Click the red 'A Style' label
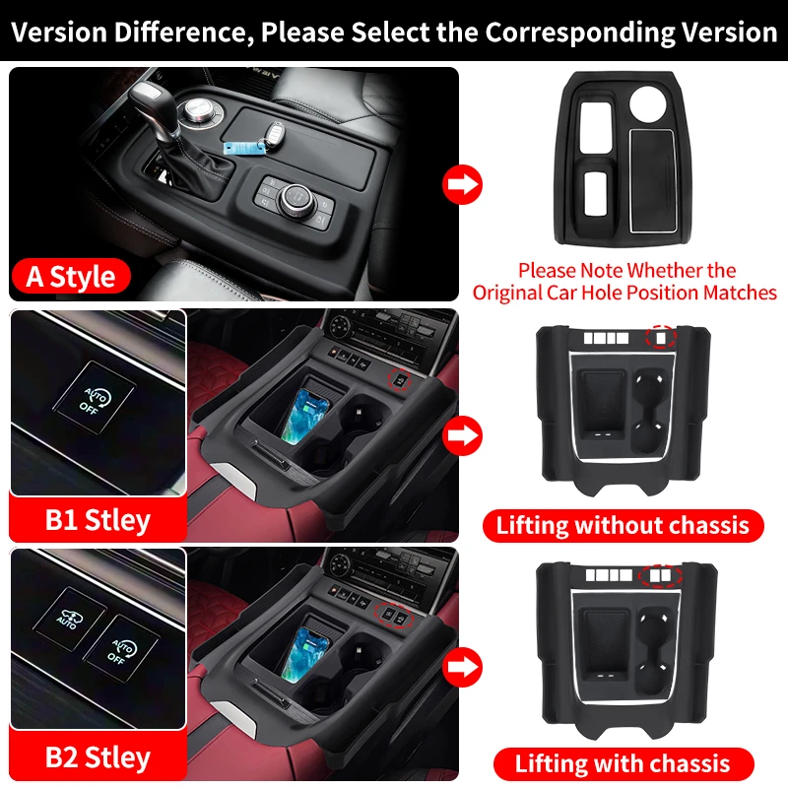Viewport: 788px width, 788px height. click(71, 275)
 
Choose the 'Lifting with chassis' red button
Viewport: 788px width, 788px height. click(623, 762)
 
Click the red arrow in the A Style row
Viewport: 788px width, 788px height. click(462, 182)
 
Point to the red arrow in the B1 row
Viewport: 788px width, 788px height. click(462, 432)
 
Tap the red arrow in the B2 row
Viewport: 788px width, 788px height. click(462, 670)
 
